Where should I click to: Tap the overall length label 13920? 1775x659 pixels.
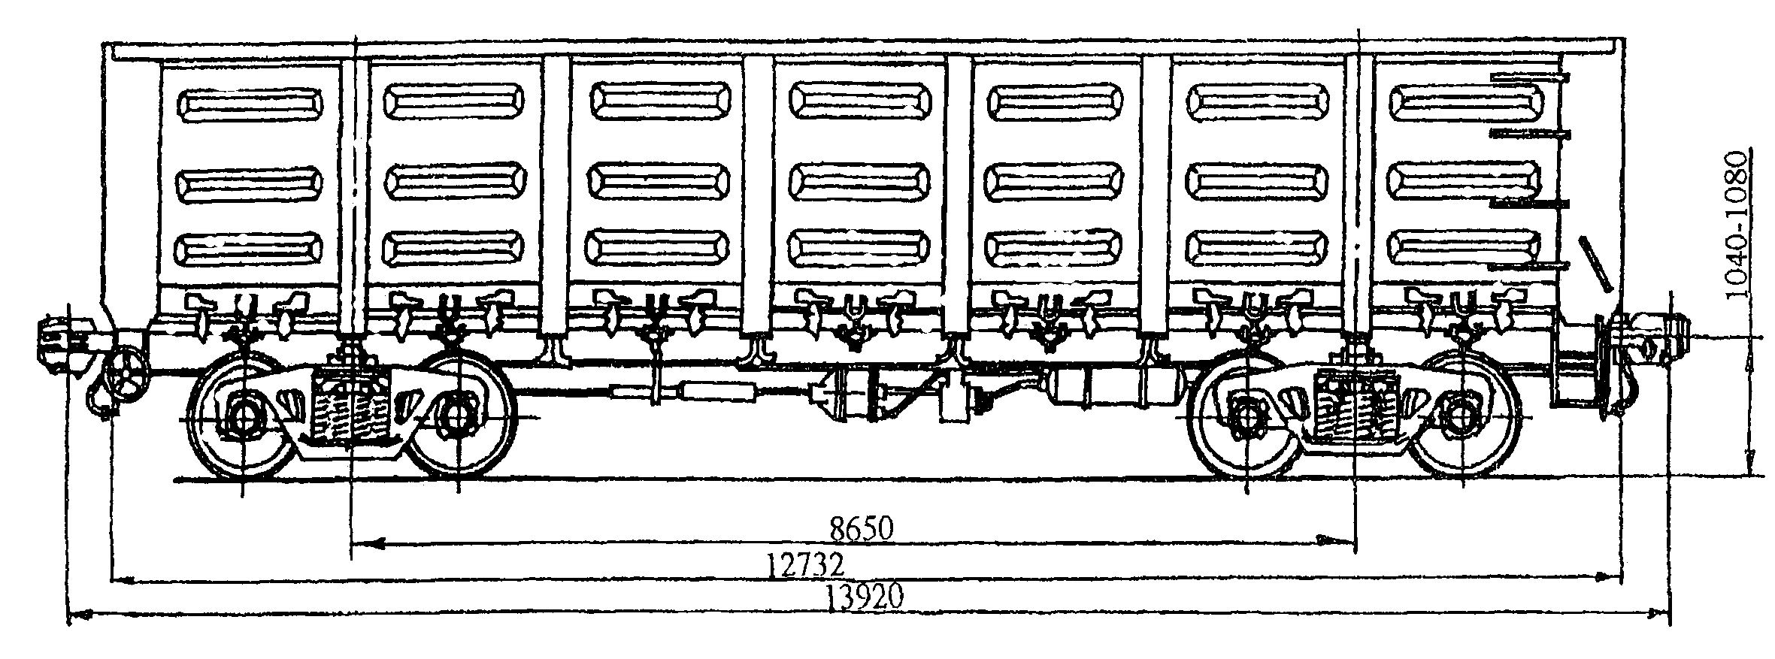[x=864, y=597]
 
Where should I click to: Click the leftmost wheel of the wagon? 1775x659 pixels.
[x=243, y=418]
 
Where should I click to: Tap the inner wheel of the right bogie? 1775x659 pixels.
[x=1246, y=417]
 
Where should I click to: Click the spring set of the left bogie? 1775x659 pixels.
[x=350, y=410]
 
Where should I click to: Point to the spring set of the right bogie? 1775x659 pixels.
[x=1353, y=410]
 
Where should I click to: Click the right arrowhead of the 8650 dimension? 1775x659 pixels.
[x=1332, y=540]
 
